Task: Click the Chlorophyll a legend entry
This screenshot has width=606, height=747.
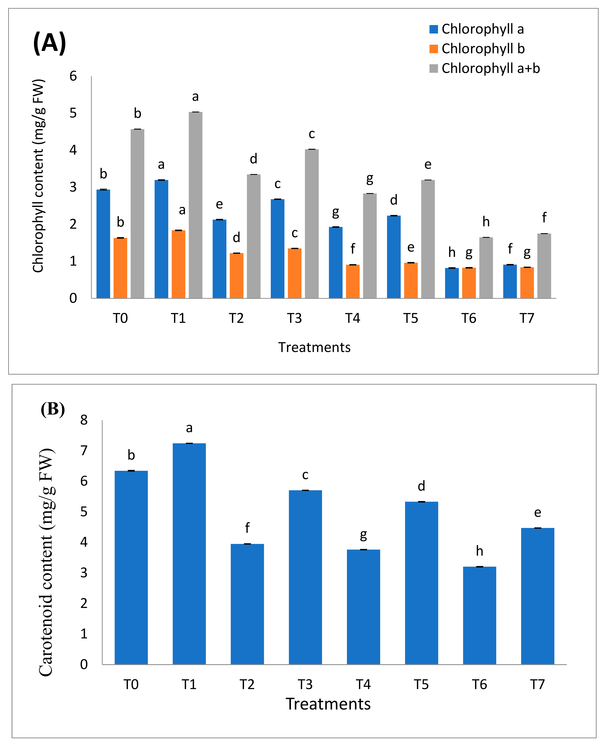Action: [x=477, y=29]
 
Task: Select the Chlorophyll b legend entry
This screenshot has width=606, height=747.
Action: [x=477, y=48]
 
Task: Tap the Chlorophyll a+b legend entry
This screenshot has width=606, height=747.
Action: [x=485, y=68]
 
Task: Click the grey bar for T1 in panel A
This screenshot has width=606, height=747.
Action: [x=196, y=205]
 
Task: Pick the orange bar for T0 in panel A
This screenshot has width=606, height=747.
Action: [x=120, y=268]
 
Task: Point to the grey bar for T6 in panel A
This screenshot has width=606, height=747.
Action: [x=486, y=268]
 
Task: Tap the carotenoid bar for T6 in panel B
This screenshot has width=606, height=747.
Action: [x=480, y=615]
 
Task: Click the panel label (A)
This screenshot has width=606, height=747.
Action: [x=50, y=43]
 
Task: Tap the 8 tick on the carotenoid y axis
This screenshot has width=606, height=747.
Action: [x=84, y=420]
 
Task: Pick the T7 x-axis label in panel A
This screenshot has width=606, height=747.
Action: [x=527, y=318]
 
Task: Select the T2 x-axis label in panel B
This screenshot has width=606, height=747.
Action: [x=247, y=685]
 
